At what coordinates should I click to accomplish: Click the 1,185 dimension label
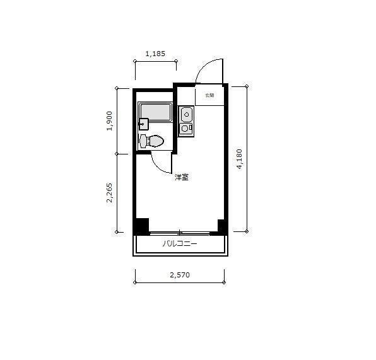(155, 54)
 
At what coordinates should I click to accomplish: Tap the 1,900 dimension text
(110, 120)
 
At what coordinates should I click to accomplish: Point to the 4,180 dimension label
(239, 159)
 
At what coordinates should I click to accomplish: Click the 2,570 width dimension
(180, 275)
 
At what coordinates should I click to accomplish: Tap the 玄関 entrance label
(209, 96)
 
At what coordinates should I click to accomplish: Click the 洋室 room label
(182, 177)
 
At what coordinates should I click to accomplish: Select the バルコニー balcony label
(180, 243)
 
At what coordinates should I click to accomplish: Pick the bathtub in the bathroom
(155, 112)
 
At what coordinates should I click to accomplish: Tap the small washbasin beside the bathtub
(143, 124)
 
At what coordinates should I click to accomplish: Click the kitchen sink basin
(187, 115)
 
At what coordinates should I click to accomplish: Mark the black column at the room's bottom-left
(141, 226)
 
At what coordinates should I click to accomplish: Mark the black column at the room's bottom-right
(221, 226)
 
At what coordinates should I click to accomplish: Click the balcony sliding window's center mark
(180, 233)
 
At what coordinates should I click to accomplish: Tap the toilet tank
(143, 141)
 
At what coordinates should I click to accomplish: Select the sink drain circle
(187, 114)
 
